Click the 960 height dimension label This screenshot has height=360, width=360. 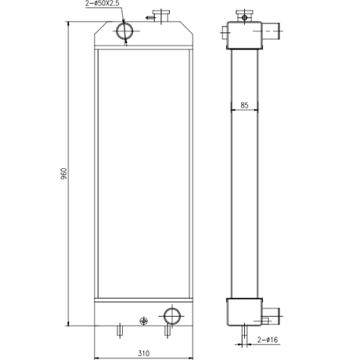tap(63, 174)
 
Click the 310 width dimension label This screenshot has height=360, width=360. tap(143, 354)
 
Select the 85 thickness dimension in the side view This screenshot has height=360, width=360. tap(244, 106)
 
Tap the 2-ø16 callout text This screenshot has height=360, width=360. tap(268, 340)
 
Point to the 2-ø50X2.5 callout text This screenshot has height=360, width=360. tap(103, 4)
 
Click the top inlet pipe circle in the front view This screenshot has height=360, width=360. tap(124, 31)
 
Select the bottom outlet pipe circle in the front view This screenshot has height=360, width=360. tap(172, 316)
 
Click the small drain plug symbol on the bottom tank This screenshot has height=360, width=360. tap(144, 321)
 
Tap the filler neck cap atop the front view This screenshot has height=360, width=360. tap(161, 16)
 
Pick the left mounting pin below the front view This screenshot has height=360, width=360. tap(120, 331)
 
